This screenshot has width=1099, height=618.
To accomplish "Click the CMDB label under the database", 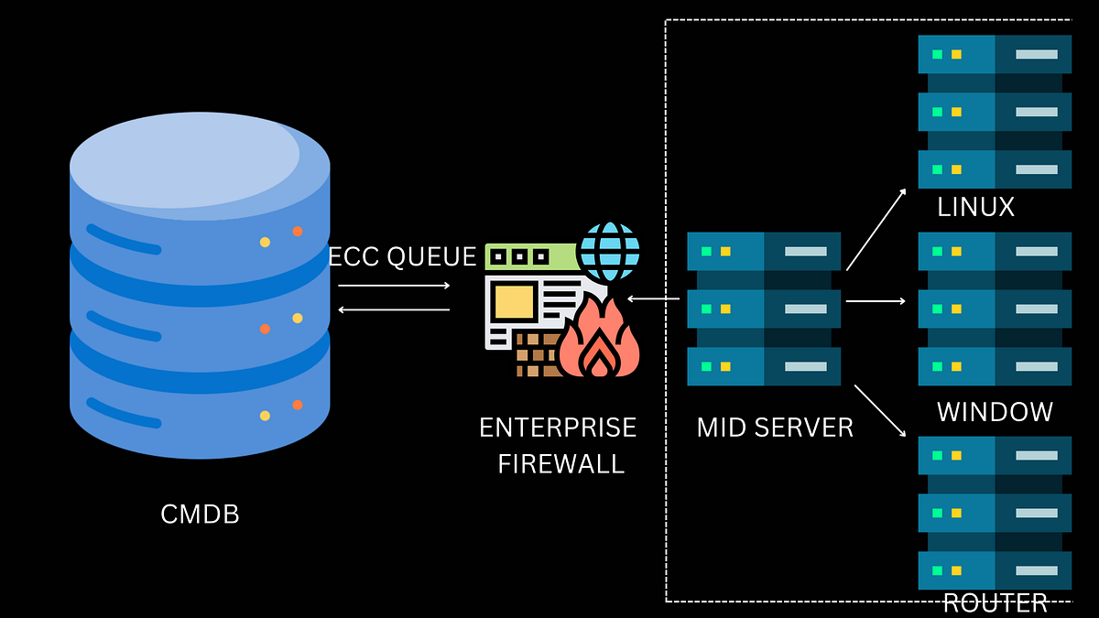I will (200, 515).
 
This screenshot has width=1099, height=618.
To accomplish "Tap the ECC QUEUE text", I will (403, 257).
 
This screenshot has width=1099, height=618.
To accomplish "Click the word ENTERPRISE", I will (557, 428).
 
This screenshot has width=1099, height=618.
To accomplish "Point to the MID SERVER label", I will (775, 428).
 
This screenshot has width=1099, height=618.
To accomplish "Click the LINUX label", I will (975, 208).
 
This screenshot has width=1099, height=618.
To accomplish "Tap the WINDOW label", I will (995, 412).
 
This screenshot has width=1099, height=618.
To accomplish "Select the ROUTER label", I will (995, 603).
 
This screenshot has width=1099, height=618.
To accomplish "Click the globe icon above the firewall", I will (610, 250).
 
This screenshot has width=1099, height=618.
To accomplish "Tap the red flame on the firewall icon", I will (598, 343).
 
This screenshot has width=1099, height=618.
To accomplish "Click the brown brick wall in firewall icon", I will (536, 355).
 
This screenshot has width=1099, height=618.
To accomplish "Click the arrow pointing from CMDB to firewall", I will (394, 286).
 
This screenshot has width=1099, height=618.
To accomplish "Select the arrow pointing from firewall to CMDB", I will (394, 309).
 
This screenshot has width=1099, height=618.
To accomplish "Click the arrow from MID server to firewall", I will (653, 298).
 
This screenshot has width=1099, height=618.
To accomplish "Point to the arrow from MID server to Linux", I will (876, 230).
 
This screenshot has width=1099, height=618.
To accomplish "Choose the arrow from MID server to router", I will (880, 409).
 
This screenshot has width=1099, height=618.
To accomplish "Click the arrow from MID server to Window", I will (876, 300).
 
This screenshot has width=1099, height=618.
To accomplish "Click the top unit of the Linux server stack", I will (995, 54).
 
